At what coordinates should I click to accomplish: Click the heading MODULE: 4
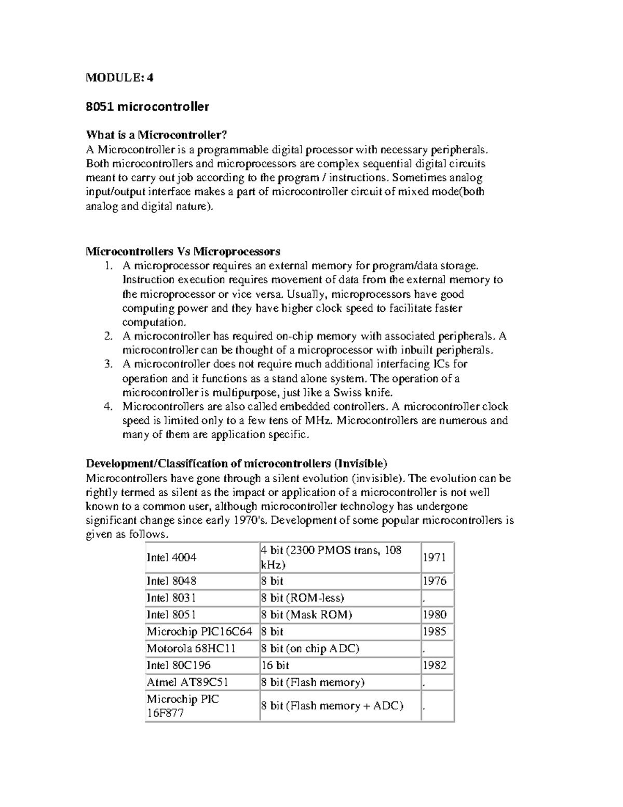[119, 78]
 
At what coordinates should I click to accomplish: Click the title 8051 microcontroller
[147, 107]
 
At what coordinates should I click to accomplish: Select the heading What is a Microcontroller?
[156, 135]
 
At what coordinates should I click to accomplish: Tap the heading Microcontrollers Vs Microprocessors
[183, 252]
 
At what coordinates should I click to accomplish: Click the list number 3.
[108, 364]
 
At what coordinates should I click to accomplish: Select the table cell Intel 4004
[172, 558]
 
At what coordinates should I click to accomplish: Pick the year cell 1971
[435, 558]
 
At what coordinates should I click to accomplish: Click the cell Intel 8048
[172, 581]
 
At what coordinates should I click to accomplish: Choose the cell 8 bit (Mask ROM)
[306, 615]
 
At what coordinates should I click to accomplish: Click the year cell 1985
[435, 632]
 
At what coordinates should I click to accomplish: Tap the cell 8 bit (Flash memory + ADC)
[332, 706]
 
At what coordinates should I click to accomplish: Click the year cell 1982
[435, 665]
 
